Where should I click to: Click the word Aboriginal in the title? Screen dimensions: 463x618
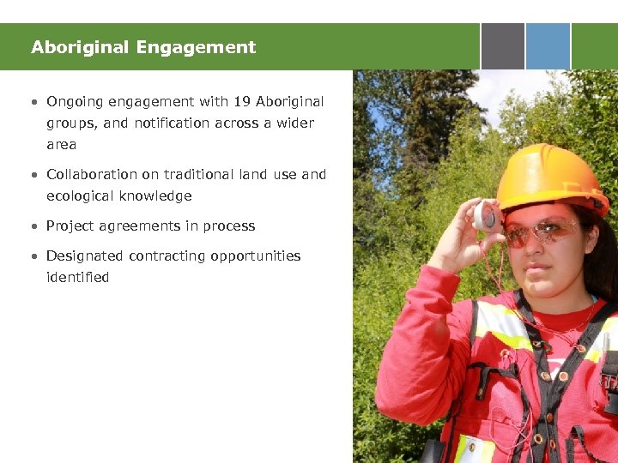[x=72, y=47]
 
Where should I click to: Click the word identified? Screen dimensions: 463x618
[x=78, y=277]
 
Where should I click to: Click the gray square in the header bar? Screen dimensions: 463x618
[x=502, y=46]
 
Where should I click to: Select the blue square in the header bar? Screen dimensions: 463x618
[x=548, y=46]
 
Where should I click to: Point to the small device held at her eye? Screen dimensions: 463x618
[x=486, y=216]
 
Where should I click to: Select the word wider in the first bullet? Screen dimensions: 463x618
[x=294, y=123]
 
